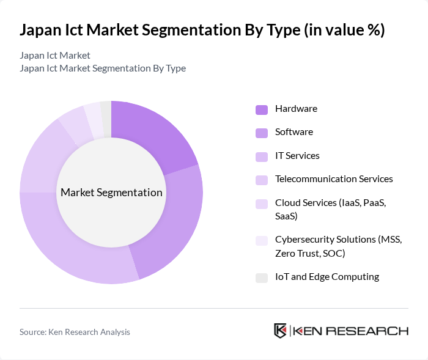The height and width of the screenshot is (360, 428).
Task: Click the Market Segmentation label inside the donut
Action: tap(111, 193)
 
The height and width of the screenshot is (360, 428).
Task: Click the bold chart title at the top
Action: tap(202, 31)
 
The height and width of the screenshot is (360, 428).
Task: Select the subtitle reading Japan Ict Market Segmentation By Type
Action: tap(103, 68)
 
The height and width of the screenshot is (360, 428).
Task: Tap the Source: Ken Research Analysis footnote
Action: tap(75, 332)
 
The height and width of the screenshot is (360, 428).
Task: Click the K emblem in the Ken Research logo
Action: tap(280, 331)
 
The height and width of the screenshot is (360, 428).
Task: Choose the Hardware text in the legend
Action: tap(296, 109)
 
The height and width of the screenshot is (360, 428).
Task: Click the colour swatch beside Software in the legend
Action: tap(262, 133)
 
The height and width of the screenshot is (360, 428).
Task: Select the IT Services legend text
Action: tap(297, 155)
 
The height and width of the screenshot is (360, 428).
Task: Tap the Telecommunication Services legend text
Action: tap(334, 179)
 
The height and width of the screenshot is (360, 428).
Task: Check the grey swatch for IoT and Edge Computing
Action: tap(262, 278)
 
